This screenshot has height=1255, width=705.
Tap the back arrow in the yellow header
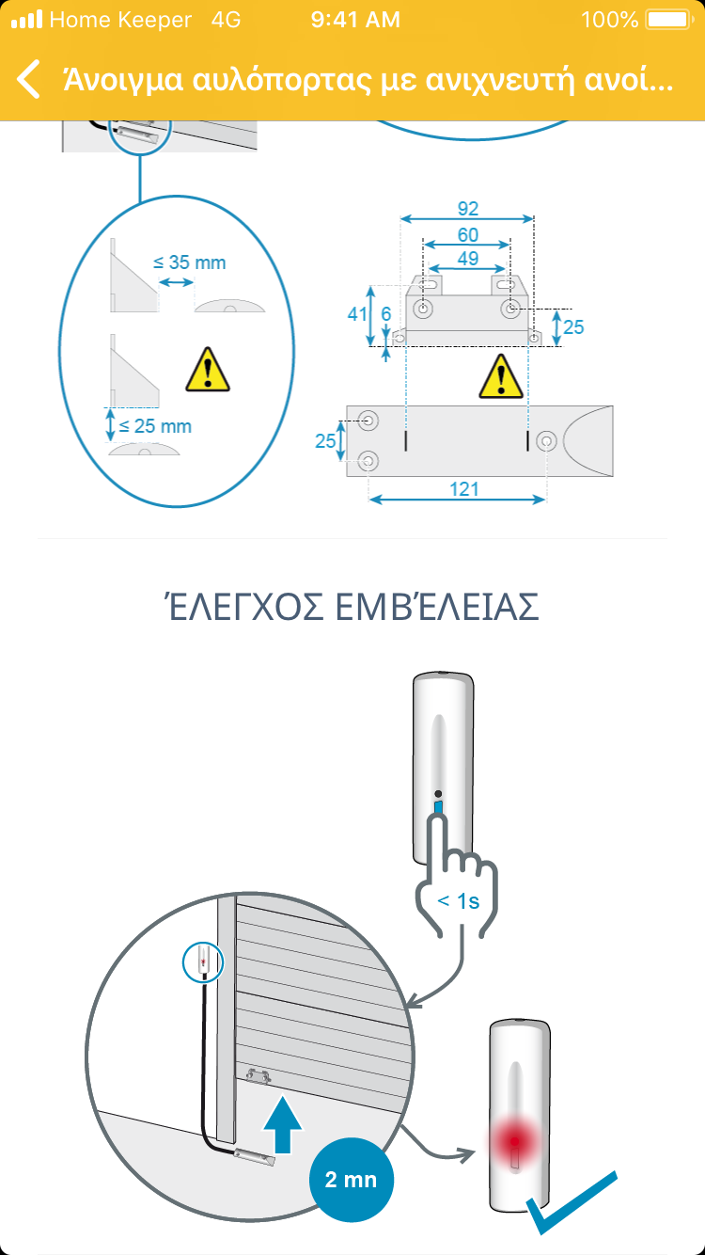click(28, 79)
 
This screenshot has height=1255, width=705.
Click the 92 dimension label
click(468, 209)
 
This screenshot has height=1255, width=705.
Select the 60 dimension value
click(468, 235)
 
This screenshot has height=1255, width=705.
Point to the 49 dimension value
click(468, 259)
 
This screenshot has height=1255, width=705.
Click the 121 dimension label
click(464, 489)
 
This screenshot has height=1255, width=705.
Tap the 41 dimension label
click(356, 314)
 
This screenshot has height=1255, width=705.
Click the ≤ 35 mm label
click(189, 262)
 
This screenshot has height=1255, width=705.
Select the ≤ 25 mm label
click(155, 426)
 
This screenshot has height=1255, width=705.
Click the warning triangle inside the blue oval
click(208, 369)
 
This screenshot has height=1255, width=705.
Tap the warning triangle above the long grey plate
click(501, 376)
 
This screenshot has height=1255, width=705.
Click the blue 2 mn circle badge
click(352, 1180)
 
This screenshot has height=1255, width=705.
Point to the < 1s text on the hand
click(458, 901)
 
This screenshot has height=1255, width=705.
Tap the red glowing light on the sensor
click(514, 1141)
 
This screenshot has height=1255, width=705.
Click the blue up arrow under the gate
click(283, 1124)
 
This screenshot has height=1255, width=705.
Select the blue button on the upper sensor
click(438, 807)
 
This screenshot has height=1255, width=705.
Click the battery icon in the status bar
click(669, 20)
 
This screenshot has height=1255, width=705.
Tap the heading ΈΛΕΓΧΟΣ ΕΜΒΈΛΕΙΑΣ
click(352, 606)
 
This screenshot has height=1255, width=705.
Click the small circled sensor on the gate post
click(203, 962)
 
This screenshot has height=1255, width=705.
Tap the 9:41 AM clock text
click(355, 20)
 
